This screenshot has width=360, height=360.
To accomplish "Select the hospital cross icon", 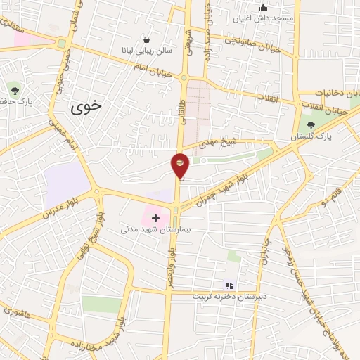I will [x=155, y=219].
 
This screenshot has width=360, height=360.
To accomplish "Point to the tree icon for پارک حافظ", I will [x=15, y=89].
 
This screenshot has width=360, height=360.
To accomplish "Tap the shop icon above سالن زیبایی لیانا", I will [x=146, y=39].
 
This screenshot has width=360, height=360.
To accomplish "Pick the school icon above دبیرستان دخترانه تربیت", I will [x=229, y=285].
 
